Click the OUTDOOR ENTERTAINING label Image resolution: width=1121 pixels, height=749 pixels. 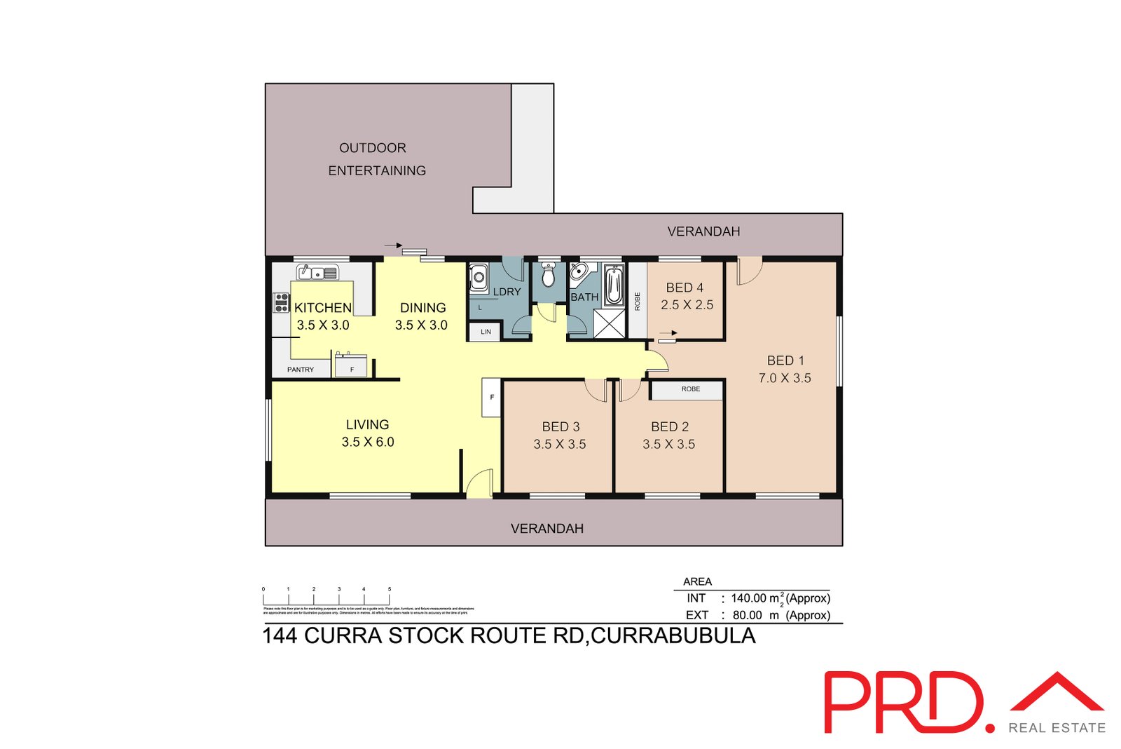tap(376, 159)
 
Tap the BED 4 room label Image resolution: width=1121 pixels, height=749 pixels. tap(685, 288)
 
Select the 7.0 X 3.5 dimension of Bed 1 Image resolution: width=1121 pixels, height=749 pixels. tap(785, 378)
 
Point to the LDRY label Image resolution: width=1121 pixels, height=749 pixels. tap(507, 292)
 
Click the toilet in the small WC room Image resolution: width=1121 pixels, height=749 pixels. tap(549, 276)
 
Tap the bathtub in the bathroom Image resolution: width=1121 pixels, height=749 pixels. tap(614, 284)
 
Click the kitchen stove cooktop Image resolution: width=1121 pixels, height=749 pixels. tap(282, 302)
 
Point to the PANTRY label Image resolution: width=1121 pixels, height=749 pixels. tap(301, 370)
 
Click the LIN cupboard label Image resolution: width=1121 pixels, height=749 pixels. tap(486, 332)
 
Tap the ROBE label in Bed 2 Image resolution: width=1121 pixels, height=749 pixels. tap(690, 389)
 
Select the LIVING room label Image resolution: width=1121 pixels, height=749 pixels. tap(367, 424)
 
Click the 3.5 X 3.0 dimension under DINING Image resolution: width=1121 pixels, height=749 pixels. tap(421, 325)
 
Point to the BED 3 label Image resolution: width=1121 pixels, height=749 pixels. tap(560, 426)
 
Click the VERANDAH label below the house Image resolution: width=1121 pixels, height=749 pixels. tap(546, 528)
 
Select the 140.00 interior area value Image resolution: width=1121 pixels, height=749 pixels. tap(748, 598)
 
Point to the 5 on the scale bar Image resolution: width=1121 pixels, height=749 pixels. tap(390, 589)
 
